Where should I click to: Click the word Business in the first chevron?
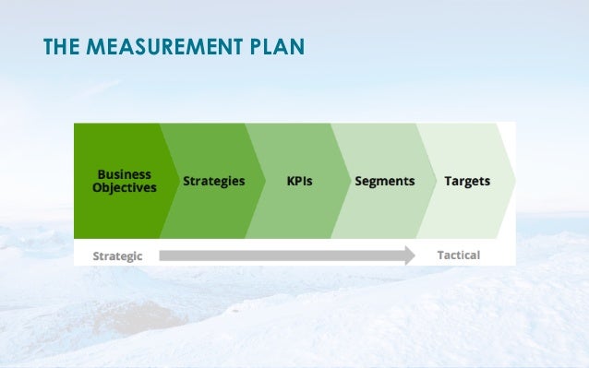click(x=125, y=174)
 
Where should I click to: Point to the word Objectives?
click(x=125, y=187)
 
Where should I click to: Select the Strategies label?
click(x=213, y=181)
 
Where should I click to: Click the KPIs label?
click(x=299, y=181)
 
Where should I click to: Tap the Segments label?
click(x=384, y=181)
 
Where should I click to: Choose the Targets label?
click(x=467, y=181)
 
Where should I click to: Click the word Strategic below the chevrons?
click(x=117, y=255)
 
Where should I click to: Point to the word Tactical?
click(x=458, y=255)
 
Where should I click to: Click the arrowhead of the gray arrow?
click(x=409, y=255)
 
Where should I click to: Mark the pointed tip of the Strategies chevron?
click(x=263, y=181)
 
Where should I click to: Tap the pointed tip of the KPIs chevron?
click(x=349, y=181)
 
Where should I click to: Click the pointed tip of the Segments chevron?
click(x=435, y=181)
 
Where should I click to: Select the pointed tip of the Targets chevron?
click(x=515, y=181)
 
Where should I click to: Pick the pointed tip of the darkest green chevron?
click(x=177, y=181)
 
